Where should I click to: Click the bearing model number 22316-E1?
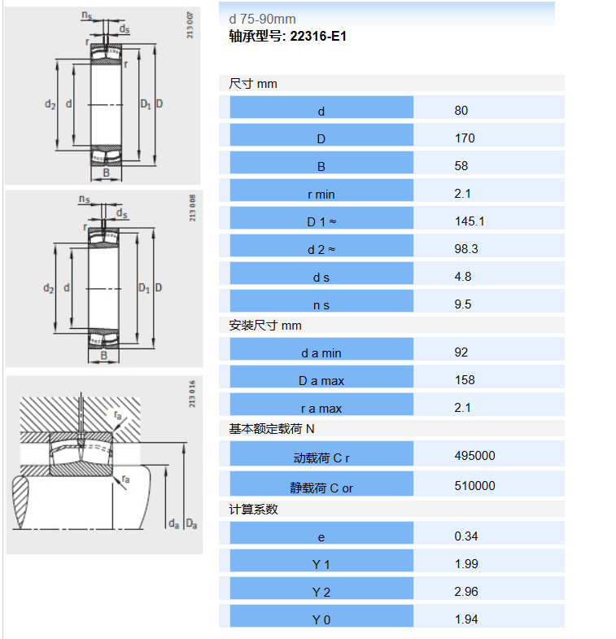pyautogui.click(x=318, y=37)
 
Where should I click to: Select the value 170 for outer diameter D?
pyautogui.click(x=465, y=138)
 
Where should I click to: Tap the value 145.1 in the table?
pyautogui.click(x=470, y=221)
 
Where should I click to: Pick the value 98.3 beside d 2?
pyautogui.click(x=466, y=249)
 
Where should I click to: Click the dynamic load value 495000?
pyautogui.click(x=474, y=456)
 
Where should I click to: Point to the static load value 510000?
pyautogui.click(x=474, y=486)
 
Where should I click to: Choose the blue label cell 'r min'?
pyautogui.click(x=321, y=190)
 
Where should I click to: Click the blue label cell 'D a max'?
pyautogui.click(x=321, y=376)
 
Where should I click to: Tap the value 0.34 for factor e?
pyautogui.click(x=466, y=536)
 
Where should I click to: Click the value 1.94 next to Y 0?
pyautogui.click(x=466, y=619)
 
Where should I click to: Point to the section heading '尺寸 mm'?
pyautogui.click(x=253, y=84)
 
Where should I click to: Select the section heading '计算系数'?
pyautogui.click(x=253, y=509)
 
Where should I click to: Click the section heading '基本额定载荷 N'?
pyautogui.click(x=272, y=429)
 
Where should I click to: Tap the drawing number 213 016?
pyautogui.click(x=192, y=394)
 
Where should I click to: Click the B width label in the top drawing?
pyautogui.click(x=106, y=173)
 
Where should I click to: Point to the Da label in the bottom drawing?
pyautogui.click(x=191, y=524)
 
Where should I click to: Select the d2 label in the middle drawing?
pyautogui.click(x=49, y=288)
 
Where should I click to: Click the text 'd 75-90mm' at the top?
pyautogui.click(x=262, y=20)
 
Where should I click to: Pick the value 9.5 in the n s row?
pyautogui.click(x=463, y=304)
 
